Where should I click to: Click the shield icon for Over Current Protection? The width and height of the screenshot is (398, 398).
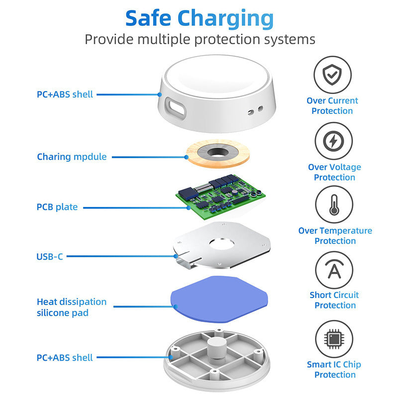point(333,75)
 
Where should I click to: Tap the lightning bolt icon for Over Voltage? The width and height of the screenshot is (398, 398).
point(333,142)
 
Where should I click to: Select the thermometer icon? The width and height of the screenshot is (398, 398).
point(334,204)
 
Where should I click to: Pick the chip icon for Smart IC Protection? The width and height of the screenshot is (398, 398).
point(334,339)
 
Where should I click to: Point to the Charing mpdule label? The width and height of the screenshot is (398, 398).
point(72,157)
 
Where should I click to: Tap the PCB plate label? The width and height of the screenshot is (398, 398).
point(57,207)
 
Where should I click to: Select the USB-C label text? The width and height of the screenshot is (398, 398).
point(50,257)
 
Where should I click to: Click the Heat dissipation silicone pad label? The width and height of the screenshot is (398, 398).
point(72,307)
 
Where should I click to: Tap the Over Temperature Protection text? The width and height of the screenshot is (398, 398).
point(335,236)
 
